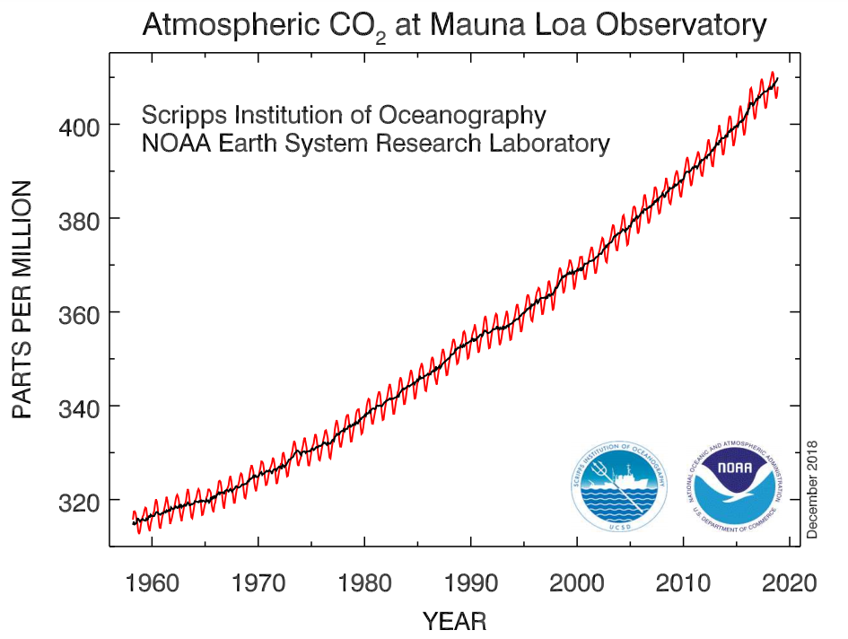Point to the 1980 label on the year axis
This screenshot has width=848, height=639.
(365, 583)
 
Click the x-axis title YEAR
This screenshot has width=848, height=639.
(454, 620)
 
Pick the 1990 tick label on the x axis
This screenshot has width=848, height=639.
(471, 583)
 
